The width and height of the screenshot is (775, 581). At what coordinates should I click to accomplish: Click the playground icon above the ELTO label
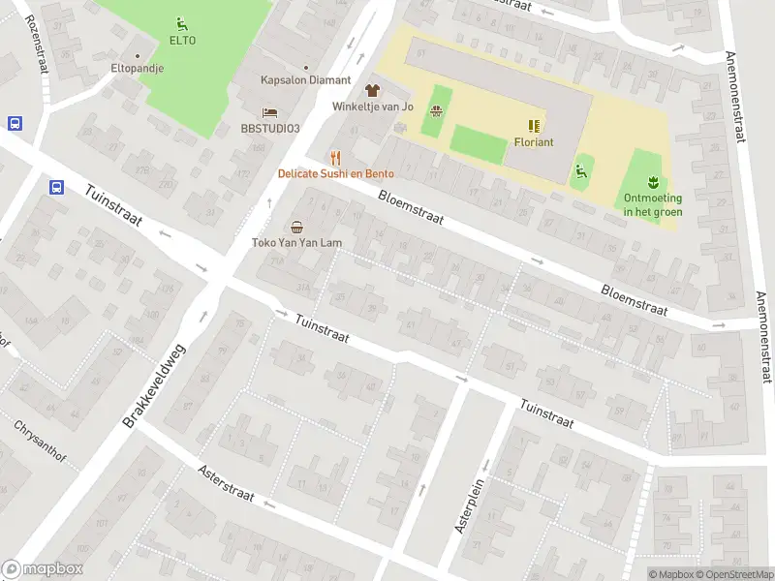[182, 23]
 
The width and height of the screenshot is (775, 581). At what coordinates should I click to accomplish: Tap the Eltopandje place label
[137, 69]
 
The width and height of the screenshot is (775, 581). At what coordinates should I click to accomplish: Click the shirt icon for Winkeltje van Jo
[373, 89]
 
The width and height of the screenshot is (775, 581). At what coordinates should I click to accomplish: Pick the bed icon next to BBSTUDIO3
[270, 112]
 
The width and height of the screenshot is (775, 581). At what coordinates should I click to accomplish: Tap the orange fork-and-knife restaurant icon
[336, 157]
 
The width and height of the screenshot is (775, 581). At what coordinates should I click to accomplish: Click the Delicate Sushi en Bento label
[336, 174]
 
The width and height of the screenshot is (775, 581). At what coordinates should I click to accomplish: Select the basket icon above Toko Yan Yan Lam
[296, 227]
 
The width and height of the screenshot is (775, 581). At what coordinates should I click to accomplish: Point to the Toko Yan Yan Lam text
[296, 243]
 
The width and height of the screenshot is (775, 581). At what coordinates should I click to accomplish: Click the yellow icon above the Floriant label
[534, 125]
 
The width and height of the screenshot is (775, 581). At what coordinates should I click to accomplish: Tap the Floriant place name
[534, 142]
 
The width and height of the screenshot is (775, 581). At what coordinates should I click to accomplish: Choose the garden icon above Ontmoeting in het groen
[653, 181]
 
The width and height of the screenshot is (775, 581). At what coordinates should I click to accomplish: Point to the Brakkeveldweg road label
[155, 373]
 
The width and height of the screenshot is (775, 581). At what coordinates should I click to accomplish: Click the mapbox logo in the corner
[43, 569]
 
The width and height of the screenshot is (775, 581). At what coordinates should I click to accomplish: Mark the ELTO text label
[182, 41]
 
